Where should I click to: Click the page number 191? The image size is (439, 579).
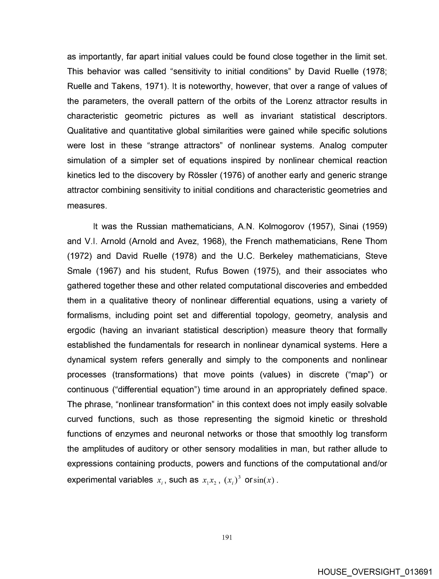pyautogui.click(x=227, y=537)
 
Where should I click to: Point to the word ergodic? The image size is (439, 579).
pyautogui.click(x=81, y=330)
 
